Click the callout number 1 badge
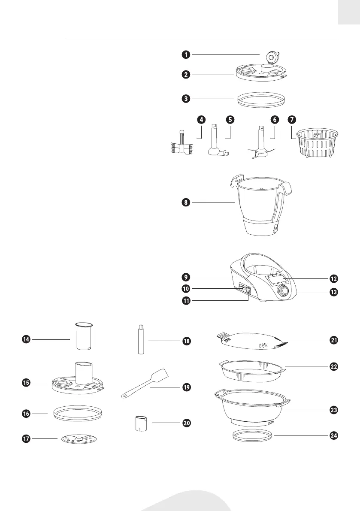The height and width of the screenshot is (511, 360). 185,54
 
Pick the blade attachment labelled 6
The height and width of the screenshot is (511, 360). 260,146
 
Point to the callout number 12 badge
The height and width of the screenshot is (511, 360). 334,278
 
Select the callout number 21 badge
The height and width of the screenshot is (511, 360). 334,340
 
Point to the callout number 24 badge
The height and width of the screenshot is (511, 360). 334,435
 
